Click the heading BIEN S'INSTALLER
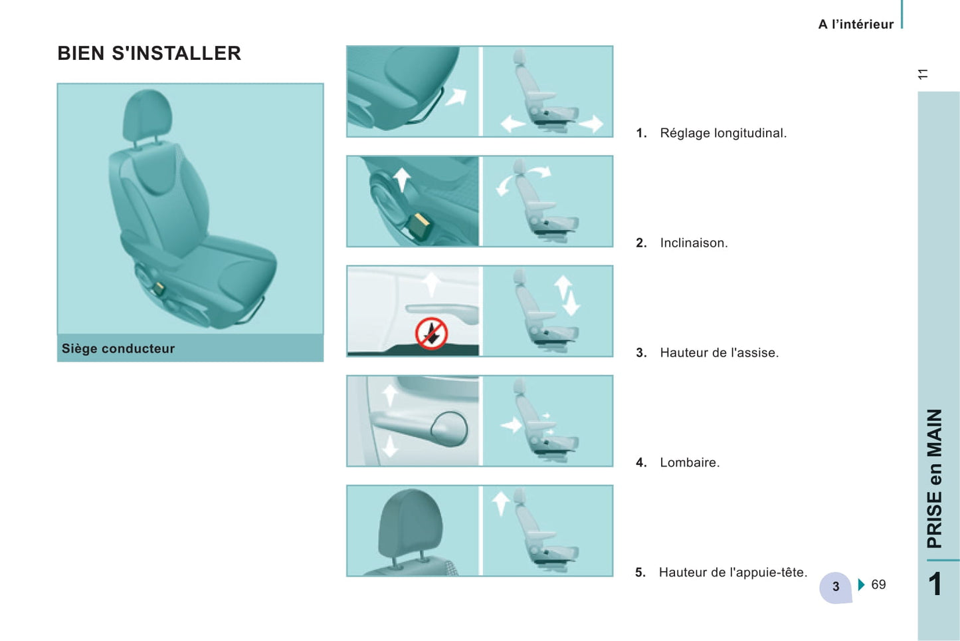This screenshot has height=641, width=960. [x=149, y=53]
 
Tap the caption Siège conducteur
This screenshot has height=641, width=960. [x=118, y=348]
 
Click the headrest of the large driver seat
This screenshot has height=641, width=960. [x=147, y=114]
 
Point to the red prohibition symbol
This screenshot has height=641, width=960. [x=432, y=333]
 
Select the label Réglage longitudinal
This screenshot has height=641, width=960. [x=723, y=133]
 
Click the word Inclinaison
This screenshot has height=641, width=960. [x=694, y=243]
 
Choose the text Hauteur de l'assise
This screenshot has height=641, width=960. [x=719, y=352]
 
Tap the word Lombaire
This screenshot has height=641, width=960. [x=690, y=463]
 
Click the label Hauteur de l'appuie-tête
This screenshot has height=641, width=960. [x=733, y=573]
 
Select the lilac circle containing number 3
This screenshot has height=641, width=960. [x=835, y=587]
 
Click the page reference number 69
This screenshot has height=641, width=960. [x=878, y=584]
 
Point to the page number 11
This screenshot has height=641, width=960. [x=923, y=74]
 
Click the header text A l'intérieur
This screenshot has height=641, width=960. [x=856, y=25]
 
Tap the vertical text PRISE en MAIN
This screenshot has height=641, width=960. [x=934, y=478]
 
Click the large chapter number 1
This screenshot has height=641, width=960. [x=935, y=584]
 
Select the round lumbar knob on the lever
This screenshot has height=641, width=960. [x=449, y=429]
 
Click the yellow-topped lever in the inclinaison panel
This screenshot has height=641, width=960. [x=419, y=226]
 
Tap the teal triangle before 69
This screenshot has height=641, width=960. [x=862, y=584]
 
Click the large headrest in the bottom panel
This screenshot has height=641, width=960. [x=411, y=525]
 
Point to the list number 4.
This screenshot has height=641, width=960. [x=641, y=463]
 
